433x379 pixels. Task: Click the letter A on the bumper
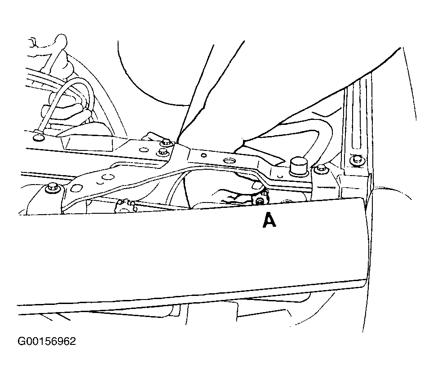(269, 220)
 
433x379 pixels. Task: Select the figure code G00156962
(47, 341)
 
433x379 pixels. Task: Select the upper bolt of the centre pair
(166, 142)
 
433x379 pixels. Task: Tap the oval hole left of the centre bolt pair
(144, 150)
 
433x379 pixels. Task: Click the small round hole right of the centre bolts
(204, 155)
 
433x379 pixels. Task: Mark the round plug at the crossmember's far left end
(39, 137)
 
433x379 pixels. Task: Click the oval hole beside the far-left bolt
(75, 188)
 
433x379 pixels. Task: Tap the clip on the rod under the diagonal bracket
(125, 205)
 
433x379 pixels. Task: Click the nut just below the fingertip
(261, 199)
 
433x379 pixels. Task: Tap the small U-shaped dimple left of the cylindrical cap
(280, 176)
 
